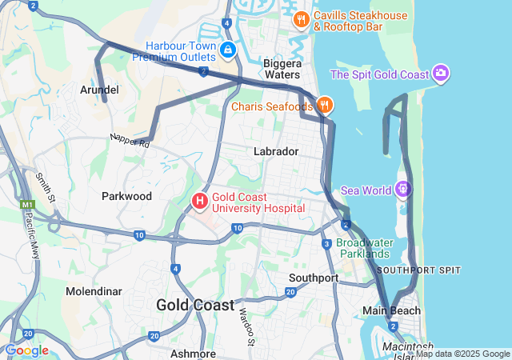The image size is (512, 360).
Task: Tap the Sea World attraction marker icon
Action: coord(403,190)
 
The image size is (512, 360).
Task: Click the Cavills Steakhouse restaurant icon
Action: coord(301,19)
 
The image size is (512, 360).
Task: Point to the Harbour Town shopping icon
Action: coord(228,50)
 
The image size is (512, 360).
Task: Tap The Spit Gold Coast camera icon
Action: coord(441,74)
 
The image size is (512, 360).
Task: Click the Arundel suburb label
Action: coord(99,90)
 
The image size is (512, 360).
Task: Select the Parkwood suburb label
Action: coord(126,196)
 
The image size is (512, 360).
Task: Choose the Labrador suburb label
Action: coord(276,151)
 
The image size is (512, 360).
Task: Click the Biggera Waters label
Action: coord(282,69)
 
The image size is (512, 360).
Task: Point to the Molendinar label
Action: coord(93,291)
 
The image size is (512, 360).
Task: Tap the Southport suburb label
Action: coord(314,278)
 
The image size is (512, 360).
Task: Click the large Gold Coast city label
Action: coord(195,305)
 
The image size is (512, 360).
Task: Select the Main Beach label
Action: coord(392,310)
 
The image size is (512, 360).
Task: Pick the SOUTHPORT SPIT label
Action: coord(418,270)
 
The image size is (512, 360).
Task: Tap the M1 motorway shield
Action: coord(28,206)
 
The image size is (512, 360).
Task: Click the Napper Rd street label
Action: coord(130,142)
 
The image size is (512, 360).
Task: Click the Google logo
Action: coord(26,350)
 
